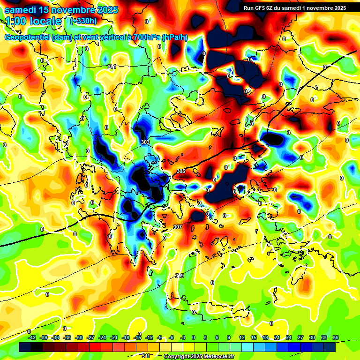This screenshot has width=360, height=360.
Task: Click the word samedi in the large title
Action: (x=22, y=10)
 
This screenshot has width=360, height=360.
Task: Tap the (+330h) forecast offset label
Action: (x=83, y=21)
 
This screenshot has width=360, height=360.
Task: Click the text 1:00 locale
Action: (x=34, y=21)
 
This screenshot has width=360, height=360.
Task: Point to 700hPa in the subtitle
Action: (x=144, y=37)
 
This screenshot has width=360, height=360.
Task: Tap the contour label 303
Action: (x=145, y=142)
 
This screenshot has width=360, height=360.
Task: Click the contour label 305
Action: (x=181, y=172)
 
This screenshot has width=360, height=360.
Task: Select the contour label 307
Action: (x=177, y=227)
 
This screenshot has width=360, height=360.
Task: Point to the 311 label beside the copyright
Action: (x=146, y=356)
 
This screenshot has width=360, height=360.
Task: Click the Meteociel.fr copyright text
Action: (x=199, y=356)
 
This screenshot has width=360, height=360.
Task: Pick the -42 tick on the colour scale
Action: (x=32, y=337)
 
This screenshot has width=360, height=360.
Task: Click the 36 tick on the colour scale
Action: (x=335, y=337)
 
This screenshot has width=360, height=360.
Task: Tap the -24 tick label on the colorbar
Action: (x=102, y=337)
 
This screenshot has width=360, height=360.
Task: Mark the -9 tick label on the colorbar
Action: (x=160, y=337)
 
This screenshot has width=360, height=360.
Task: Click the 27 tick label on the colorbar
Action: (x=300, y=337)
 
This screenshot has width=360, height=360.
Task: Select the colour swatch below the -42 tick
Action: (x=25, y=347)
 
